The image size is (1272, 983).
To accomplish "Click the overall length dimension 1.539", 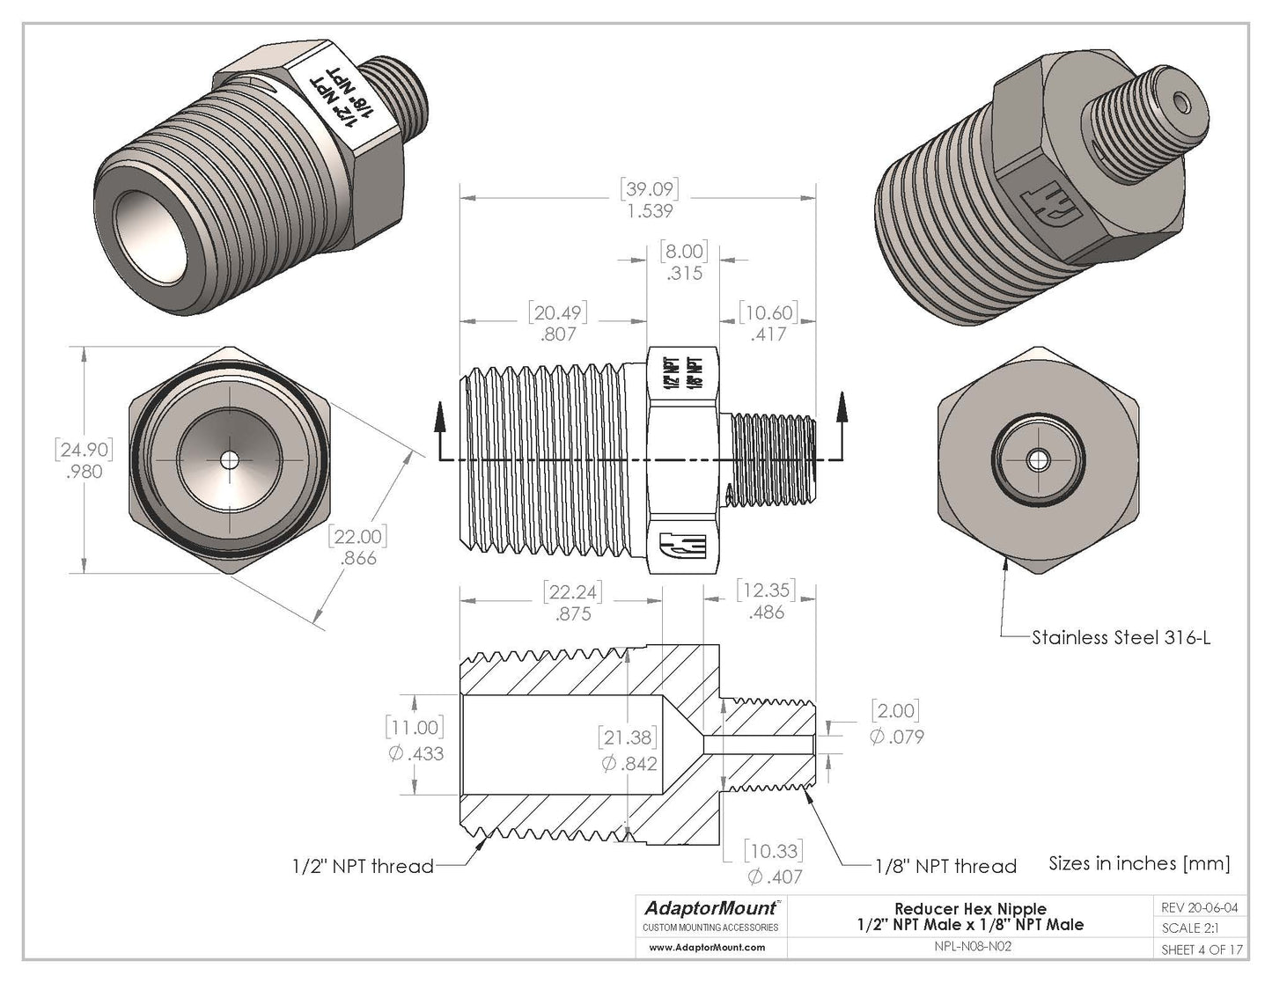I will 649,211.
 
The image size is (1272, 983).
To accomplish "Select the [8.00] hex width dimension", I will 684,252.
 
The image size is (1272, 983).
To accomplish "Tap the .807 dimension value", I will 558,334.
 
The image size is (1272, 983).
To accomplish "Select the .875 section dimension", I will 573,613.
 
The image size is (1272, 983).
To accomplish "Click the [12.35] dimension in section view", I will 766,590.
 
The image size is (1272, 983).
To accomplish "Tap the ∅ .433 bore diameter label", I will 415,753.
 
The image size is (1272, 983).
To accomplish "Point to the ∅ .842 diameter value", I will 629,763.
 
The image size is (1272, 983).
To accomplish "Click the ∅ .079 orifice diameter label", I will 896,737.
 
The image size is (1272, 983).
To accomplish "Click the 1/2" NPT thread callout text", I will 363,866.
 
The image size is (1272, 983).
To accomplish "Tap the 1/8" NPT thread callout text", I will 945,866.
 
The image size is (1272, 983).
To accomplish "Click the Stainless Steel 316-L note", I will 1121,637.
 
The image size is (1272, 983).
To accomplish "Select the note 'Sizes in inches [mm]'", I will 1139,863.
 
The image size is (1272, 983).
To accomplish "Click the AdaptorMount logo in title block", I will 711,908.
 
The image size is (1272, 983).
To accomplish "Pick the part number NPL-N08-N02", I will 971,949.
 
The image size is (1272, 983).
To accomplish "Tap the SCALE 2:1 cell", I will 1190,928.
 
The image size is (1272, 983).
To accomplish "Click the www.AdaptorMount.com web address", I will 707,948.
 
